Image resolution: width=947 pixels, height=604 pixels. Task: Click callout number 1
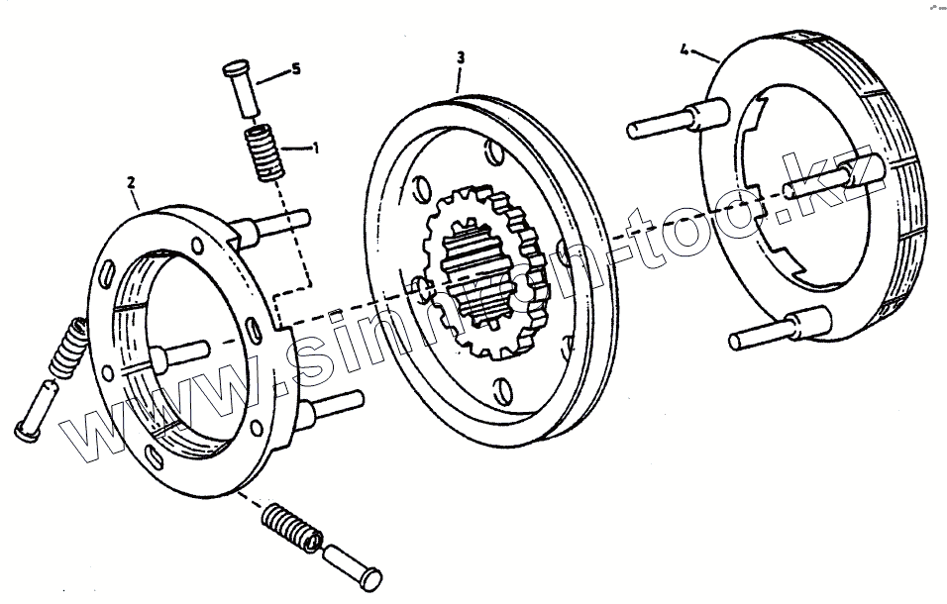315,148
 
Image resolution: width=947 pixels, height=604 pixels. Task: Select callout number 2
132,181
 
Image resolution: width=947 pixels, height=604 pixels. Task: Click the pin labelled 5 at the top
242,90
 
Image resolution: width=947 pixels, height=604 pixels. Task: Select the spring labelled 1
262,152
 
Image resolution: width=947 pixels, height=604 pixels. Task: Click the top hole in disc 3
492,153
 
